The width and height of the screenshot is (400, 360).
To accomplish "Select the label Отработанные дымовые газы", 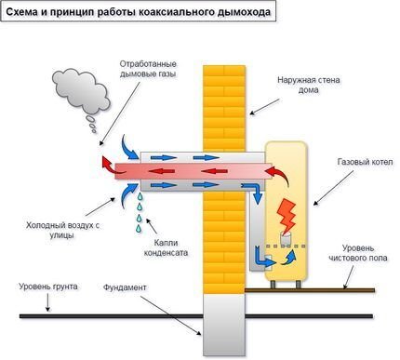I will tap(148, 68).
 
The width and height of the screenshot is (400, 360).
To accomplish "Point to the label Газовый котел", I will tap(358, 160).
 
